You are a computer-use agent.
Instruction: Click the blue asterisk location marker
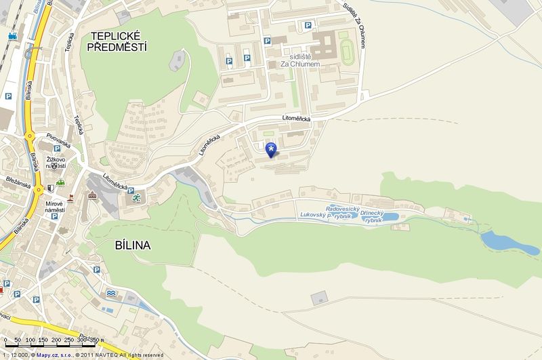272,150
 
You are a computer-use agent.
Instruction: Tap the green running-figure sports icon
136,198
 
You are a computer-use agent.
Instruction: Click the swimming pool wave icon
111,292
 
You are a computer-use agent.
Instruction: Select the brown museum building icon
91,196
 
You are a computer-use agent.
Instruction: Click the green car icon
60,182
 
